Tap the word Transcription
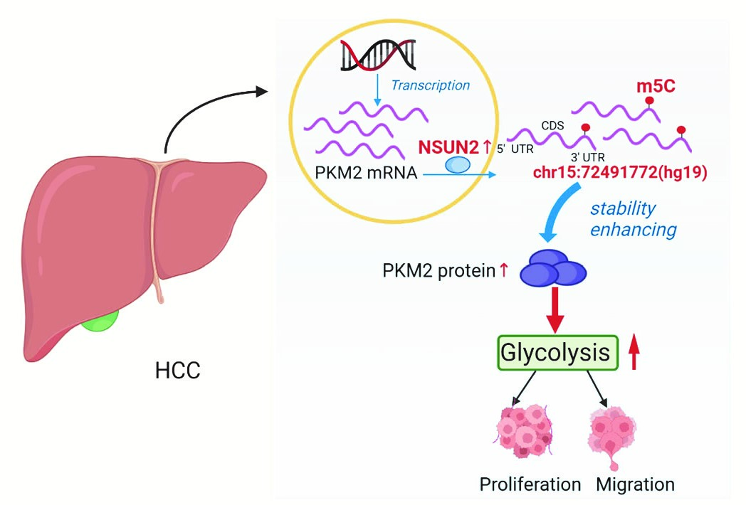[431, 85]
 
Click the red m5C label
[655, 86]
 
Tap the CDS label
[552, 126]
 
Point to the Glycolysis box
[556, 353]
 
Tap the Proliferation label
[530, 484]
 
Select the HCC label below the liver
[177, 370]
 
